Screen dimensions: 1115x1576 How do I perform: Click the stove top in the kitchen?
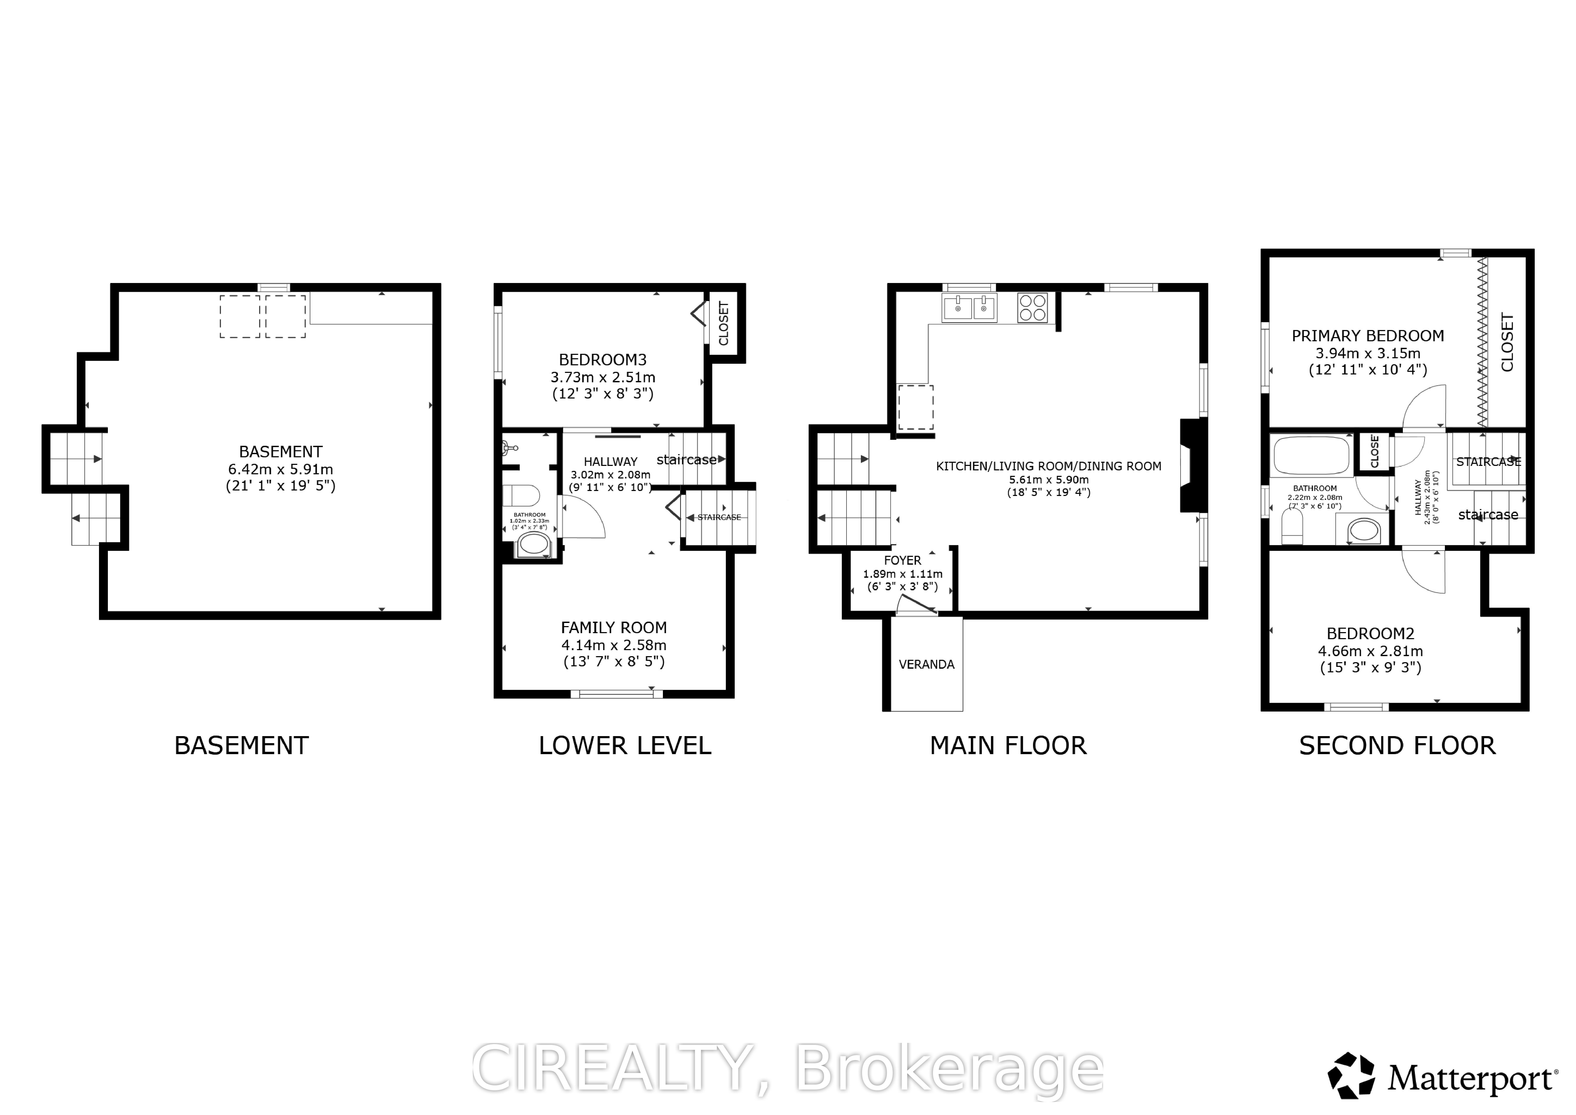[1032, 308]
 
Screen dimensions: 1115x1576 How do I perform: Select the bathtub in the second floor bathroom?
[1312, 455]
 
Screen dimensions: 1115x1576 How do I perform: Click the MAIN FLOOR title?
[1008, 746]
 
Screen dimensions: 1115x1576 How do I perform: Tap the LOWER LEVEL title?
[625, 746]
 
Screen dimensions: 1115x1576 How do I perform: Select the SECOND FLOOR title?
[1397, 746]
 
